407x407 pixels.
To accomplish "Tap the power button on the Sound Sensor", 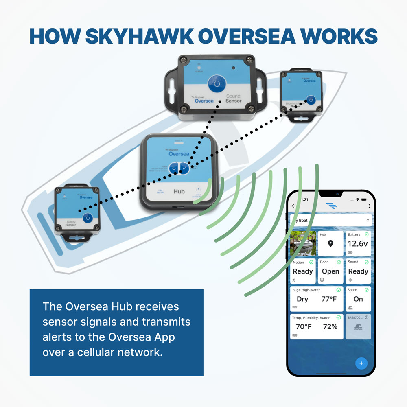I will click(x=217, y=83).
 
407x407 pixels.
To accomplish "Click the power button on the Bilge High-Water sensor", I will click(x=311, y=100).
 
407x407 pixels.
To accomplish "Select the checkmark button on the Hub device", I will click(x=185, y=168).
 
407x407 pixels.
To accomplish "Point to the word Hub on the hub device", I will click(x=179, y=191).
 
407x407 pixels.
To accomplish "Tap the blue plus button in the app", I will click(x=361, y=363).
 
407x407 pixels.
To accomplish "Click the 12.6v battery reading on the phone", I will click(x=358, y=244).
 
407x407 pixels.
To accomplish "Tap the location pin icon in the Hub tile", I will click(x=330, y=244).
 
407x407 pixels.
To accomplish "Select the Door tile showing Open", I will click(x=330, y=271).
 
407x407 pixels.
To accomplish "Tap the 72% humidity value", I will click(x=330, y=326).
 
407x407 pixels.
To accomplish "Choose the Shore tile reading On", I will click(x=358, y=299).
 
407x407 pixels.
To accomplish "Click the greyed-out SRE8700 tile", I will click(x=358, y=326).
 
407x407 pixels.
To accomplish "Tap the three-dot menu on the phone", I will click(x=369, y=206).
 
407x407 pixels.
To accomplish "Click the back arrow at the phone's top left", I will click(x=293, y=206).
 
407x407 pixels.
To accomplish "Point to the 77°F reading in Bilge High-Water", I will click(x=328, y=299).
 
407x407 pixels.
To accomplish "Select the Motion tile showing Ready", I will click(x=303, y=271).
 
